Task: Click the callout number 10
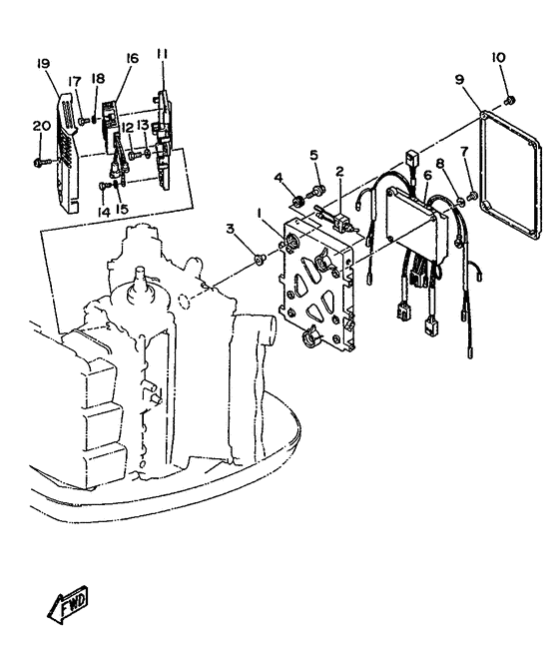(x=498, y=58)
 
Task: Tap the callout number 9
(x=459, y=79)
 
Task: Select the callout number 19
(x=43, y=63)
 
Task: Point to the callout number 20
(x=42, y=126)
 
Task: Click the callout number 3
(x=231, y=229)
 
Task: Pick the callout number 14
(x=104, y=212)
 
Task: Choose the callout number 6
(x=428, y=176)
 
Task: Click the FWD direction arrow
(x=68, y=606)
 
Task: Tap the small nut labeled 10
(x=509, y=100)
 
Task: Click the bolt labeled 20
(x=41, y=163)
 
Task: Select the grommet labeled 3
(x=260, y=259)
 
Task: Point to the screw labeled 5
(x=316, y=191)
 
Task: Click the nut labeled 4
(x=297, y=201)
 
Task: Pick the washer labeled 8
(x=461, y=201)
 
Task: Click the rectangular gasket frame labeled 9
(x=511, y=178)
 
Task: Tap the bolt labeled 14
(x=103, y=186)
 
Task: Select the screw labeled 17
(x=84, y=121)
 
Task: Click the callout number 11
(x=162, y=54)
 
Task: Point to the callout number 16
(x=132, y=59)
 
